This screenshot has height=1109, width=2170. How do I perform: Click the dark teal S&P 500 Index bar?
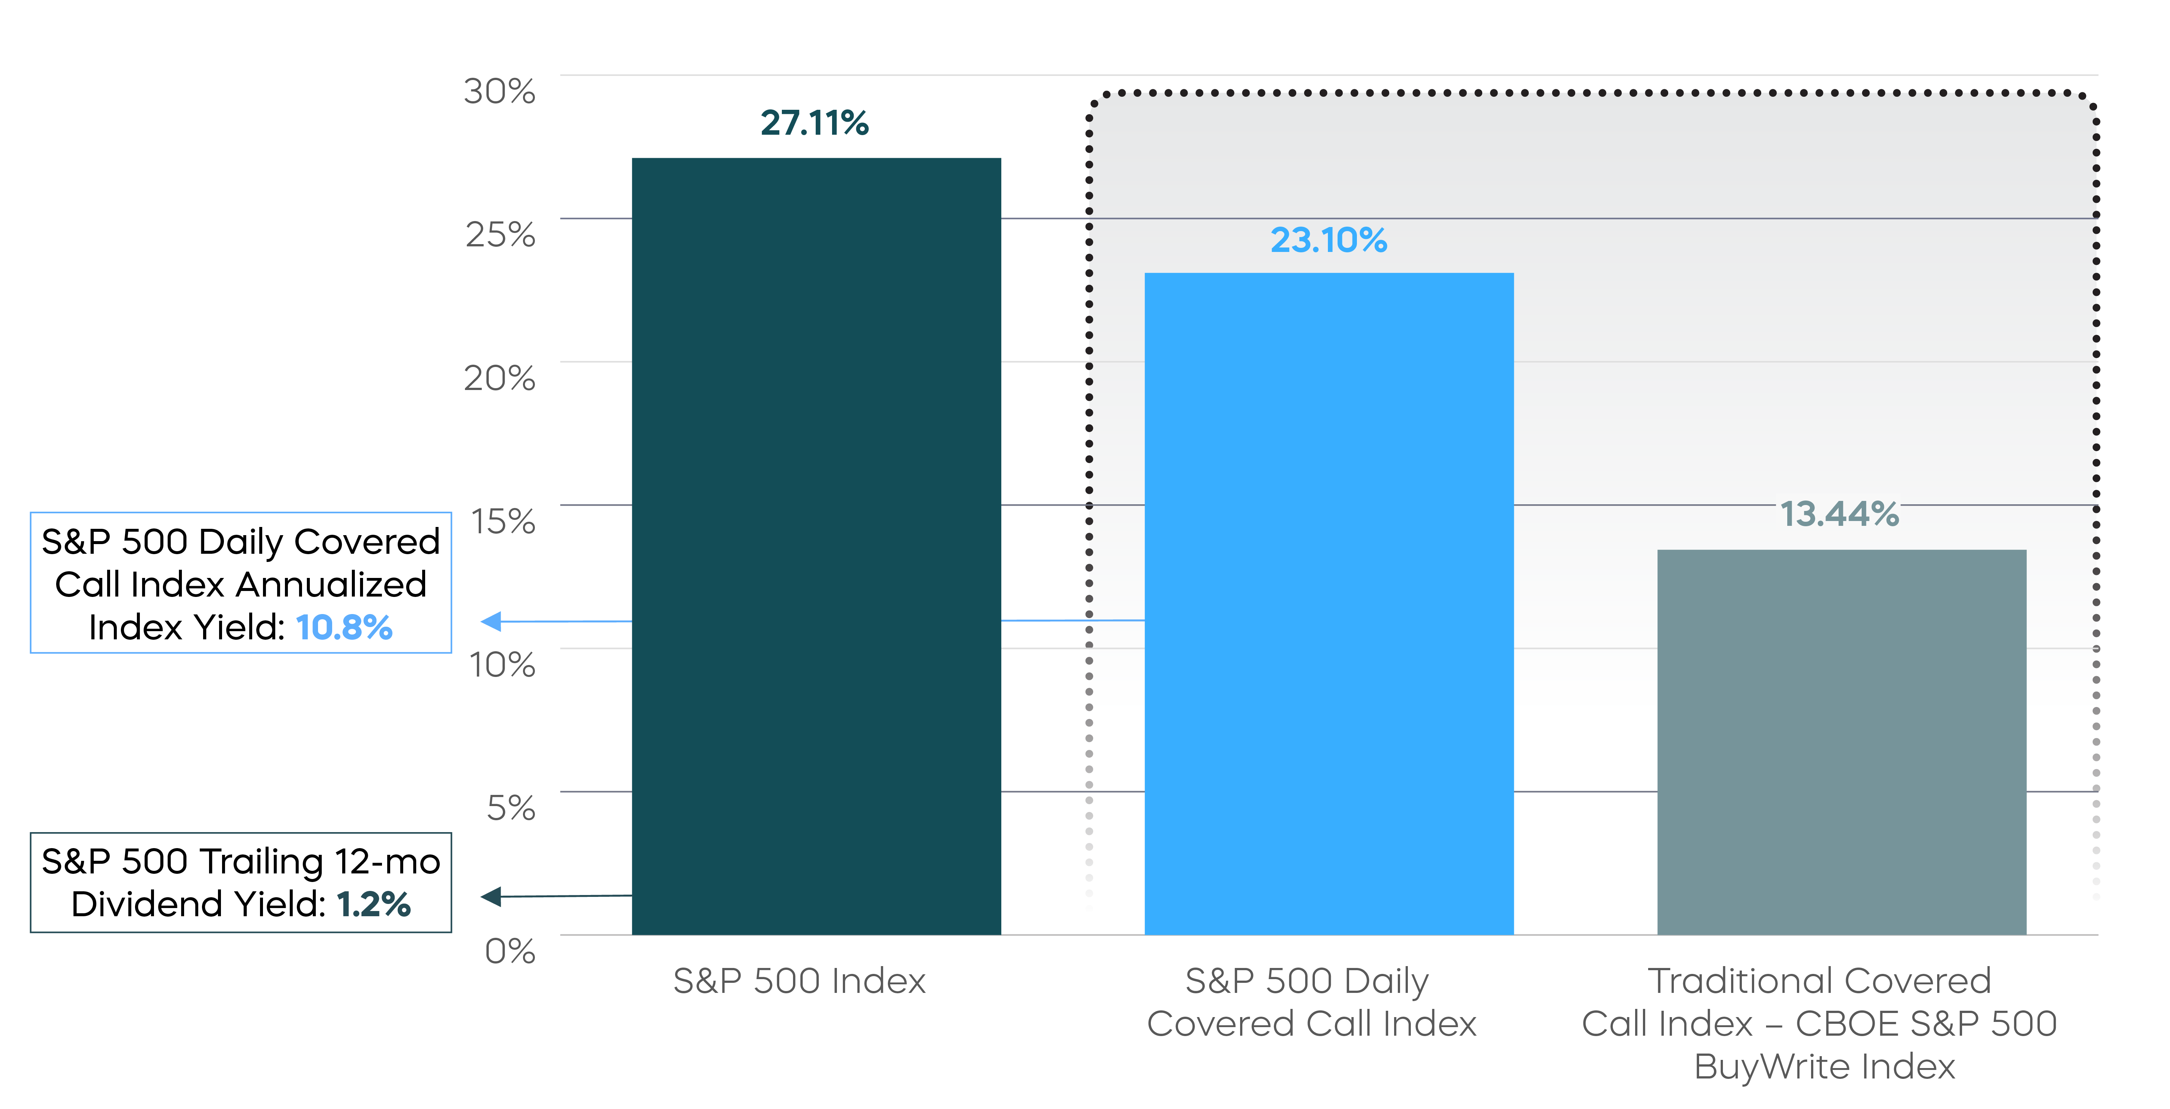816,546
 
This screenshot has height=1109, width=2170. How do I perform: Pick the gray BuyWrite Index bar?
1842,742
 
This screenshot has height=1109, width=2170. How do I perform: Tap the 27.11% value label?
815,123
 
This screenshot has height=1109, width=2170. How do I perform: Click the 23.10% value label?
1329,240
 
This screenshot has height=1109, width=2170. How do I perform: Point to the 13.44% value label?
1839,514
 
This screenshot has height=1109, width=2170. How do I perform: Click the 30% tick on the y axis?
500,91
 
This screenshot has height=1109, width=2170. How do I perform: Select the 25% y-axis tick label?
500,234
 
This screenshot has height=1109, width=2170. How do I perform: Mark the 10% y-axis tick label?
502,665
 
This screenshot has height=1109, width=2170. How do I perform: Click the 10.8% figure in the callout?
344,628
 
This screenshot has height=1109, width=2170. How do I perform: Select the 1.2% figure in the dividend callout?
373,904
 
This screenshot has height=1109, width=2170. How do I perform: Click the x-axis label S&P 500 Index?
799,981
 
